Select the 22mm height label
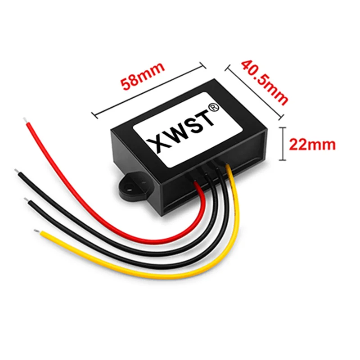pos(312,144)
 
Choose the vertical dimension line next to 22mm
pos(282,144)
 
